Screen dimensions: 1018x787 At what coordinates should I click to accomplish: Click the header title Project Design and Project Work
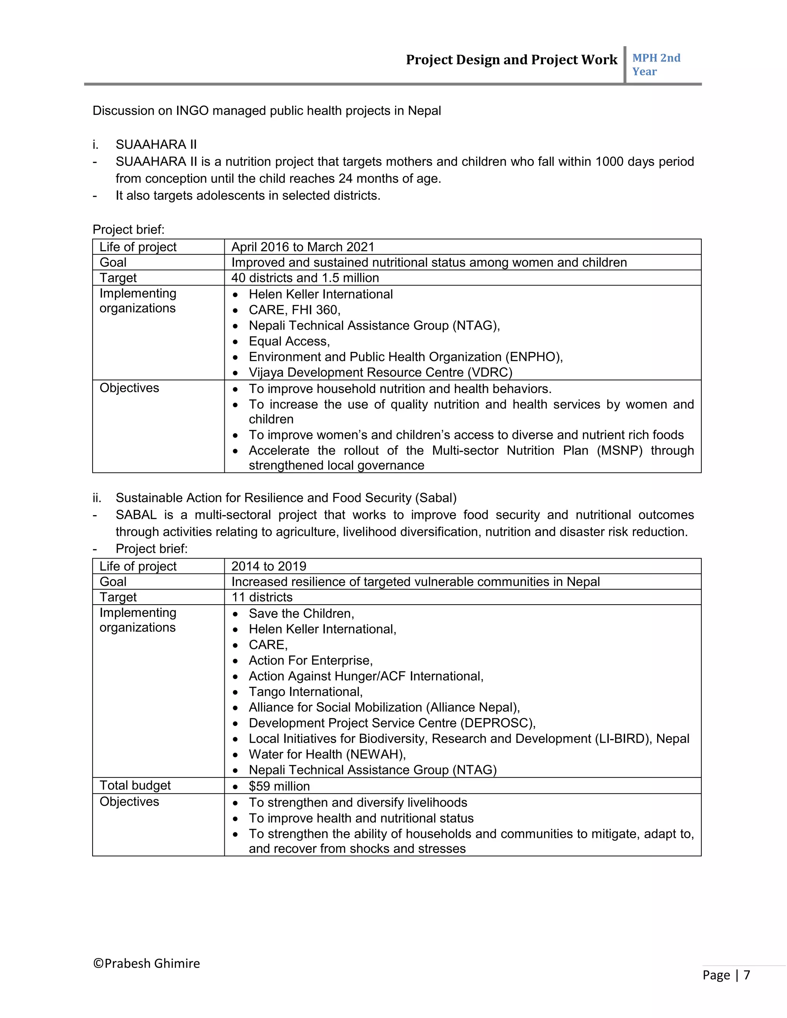[x=511, y=60]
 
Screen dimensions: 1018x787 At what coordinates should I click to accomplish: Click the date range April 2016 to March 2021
[x=302, y=247]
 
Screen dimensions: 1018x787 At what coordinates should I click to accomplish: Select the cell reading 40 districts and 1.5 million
[x=305, y=278]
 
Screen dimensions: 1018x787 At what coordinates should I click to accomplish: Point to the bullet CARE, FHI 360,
[x=294, y=310]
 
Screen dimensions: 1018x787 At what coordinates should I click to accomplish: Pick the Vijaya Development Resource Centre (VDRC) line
[x=380, y=372]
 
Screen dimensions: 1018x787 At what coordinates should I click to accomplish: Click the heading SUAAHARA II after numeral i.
[x=156, y=144]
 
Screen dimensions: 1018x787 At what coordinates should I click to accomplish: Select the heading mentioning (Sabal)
[x=286, y=498]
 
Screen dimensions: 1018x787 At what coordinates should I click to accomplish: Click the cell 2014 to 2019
[x=269, y=566]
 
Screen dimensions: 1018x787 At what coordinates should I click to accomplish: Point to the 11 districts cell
[x=262, y=597]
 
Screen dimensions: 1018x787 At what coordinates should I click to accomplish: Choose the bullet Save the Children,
[x=301, y=613]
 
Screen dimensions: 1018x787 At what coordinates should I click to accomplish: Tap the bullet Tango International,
[x=306, y=692]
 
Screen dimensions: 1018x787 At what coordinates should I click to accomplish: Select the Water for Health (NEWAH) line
[x=327, y=754]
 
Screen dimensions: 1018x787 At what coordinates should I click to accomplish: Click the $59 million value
[x=279, y=786]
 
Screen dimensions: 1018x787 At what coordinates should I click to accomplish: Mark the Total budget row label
[x=135, y=786]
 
